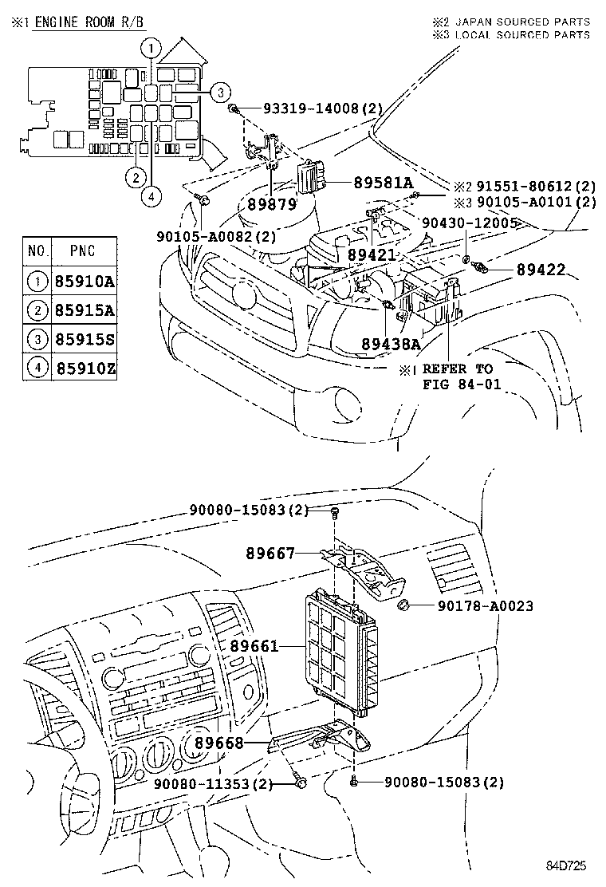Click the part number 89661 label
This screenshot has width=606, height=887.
(254, 645)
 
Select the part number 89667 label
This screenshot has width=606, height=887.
(270, 553)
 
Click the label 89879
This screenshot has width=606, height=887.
(270, 203)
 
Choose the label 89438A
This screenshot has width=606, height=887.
(391, 344)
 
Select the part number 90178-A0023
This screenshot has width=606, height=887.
(485, 606)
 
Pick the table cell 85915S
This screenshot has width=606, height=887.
(85, 339)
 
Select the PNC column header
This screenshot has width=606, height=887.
(83, 250)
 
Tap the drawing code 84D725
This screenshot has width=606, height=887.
(568, 865)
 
